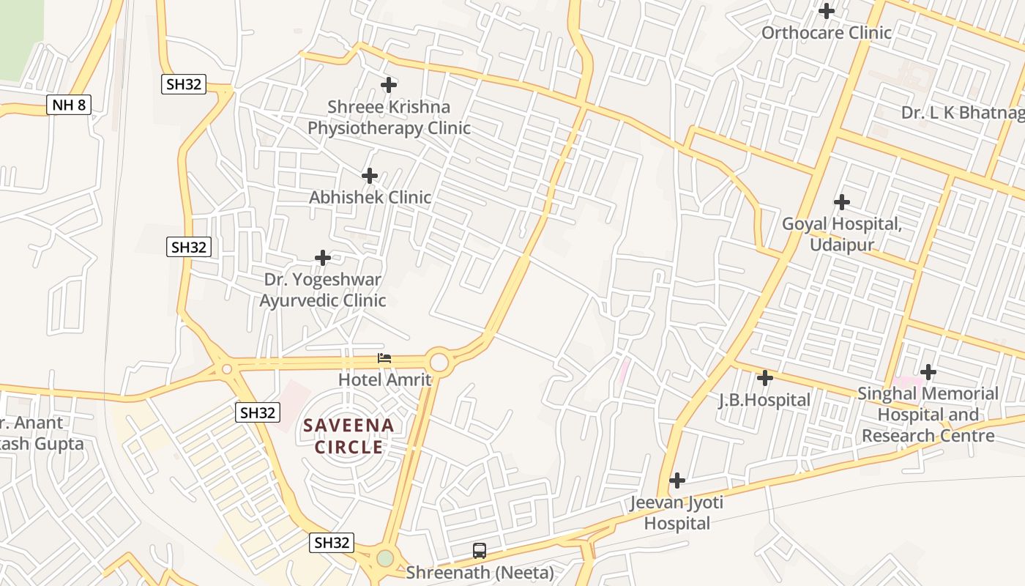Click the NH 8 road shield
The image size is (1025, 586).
tap(70, 105)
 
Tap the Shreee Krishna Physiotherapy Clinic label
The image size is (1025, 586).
tap(389, 117)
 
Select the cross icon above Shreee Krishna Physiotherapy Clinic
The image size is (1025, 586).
tap(389, 85)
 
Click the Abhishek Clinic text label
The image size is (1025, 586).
tap(370, 197)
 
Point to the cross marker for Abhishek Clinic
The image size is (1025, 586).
tap(370, 176)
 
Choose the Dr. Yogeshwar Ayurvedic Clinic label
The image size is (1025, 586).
tap(323, 290)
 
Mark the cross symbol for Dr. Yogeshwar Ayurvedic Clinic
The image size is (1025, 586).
tap(323, 258)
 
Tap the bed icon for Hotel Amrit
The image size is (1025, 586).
tap(384, 358)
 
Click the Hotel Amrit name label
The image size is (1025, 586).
tap(384, 379)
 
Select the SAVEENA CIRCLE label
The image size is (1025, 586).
tap(348, 436)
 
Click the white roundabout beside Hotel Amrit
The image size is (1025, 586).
tap(439, 362)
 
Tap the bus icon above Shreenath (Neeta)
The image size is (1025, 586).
tap(480, 550)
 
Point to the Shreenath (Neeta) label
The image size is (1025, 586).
tap(480, 572)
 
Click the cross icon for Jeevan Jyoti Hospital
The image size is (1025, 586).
tap(677, 481)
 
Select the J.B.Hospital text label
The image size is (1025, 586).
tap(764, 400)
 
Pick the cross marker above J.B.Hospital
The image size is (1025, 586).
tap(765, 378)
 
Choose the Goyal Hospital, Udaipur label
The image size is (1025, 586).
tap(842, 234)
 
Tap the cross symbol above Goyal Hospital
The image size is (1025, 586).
tap(842, 202)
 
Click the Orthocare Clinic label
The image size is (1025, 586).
tap(827, 33)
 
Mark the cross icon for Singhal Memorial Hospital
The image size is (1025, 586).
tap(928, 372)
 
